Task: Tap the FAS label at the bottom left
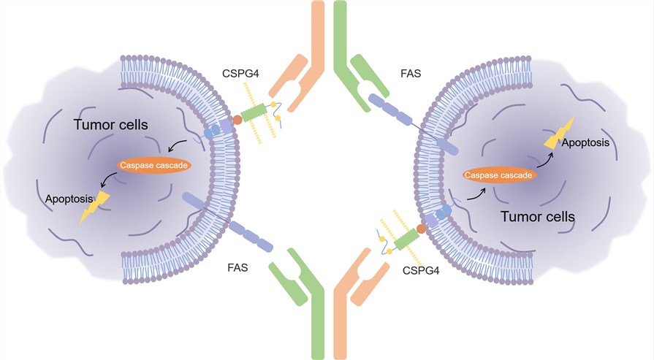[x=237, y=268]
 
